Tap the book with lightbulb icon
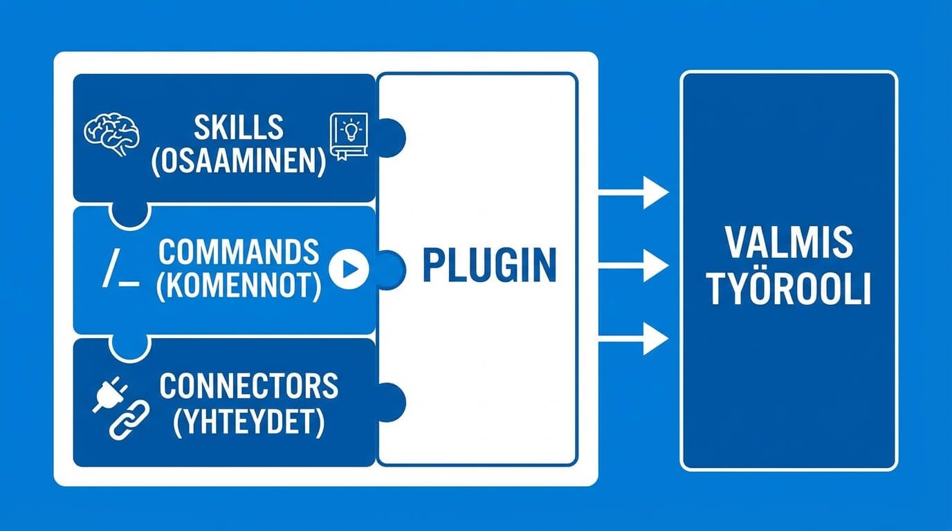(x=349, y=136)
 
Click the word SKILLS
(x=239, y=128)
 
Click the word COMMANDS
(x=239, y=253)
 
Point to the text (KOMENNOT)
(x=239, y=286)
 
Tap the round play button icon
(x=348, y=269)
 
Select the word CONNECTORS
(x=249, y=386)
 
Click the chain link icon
(x=129, y=420)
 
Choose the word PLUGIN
(x=489, y=265)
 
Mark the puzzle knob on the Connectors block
(x=390, y=400)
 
